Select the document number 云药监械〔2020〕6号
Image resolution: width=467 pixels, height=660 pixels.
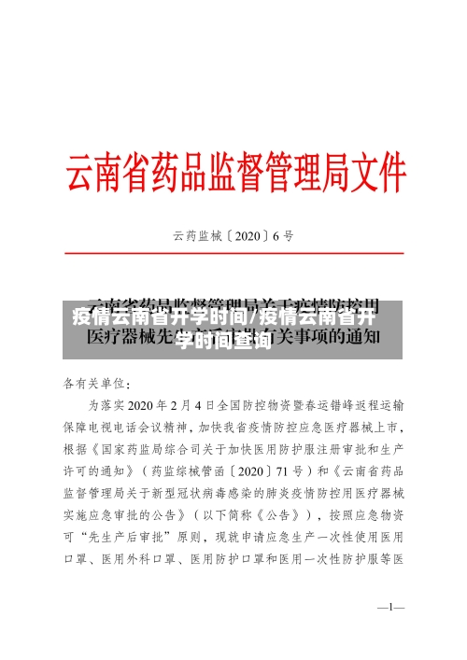[x=233, y=236]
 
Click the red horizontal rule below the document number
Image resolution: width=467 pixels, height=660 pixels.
[x=233, y=253]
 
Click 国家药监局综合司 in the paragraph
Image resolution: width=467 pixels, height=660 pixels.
[x=166, y=449]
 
